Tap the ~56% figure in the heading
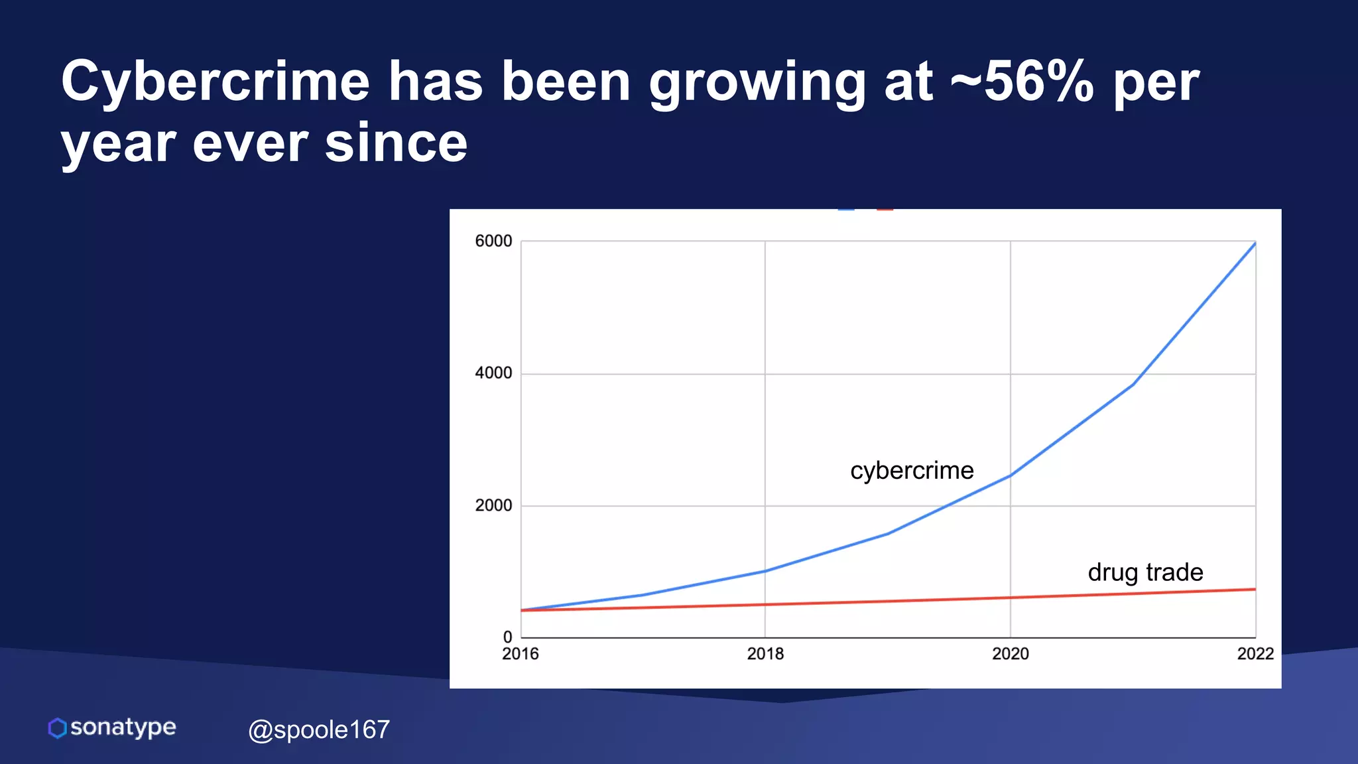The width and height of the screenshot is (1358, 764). pos(1022,82)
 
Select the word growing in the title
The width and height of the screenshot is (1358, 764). pos(757,82)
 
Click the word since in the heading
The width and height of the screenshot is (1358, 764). pos(396,143)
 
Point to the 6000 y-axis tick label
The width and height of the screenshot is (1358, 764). pos(493,241)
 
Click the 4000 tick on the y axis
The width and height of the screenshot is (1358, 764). pos(493,373)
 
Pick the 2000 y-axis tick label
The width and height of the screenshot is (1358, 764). pos(493,505)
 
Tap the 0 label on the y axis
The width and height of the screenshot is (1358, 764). pos(507,637)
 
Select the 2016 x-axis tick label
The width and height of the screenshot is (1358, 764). pos(521,654)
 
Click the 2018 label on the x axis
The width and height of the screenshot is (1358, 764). pos(765,654)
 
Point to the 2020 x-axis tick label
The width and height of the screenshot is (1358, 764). pos(1010,654)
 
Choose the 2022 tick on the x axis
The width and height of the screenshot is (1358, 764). pos(1255,654)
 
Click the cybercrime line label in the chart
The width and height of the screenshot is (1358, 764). pos(912,471)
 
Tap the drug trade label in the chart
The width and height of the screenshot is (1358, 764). pos(1145,572)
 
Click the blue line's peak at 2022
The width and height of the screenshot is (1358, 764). pos(1255,244)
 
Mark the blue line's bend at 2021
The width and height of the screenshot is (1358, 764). pos(1133,384)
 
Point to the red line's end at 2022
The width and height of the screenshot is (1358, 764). pos(1255,589)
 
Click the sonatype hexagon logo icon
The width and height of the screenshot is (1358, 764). pos(58,728)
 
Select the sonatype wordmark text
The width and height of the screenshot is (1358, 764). pos(123,728)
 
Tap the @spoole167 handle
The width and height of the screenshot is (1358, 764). pos(319,730)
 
